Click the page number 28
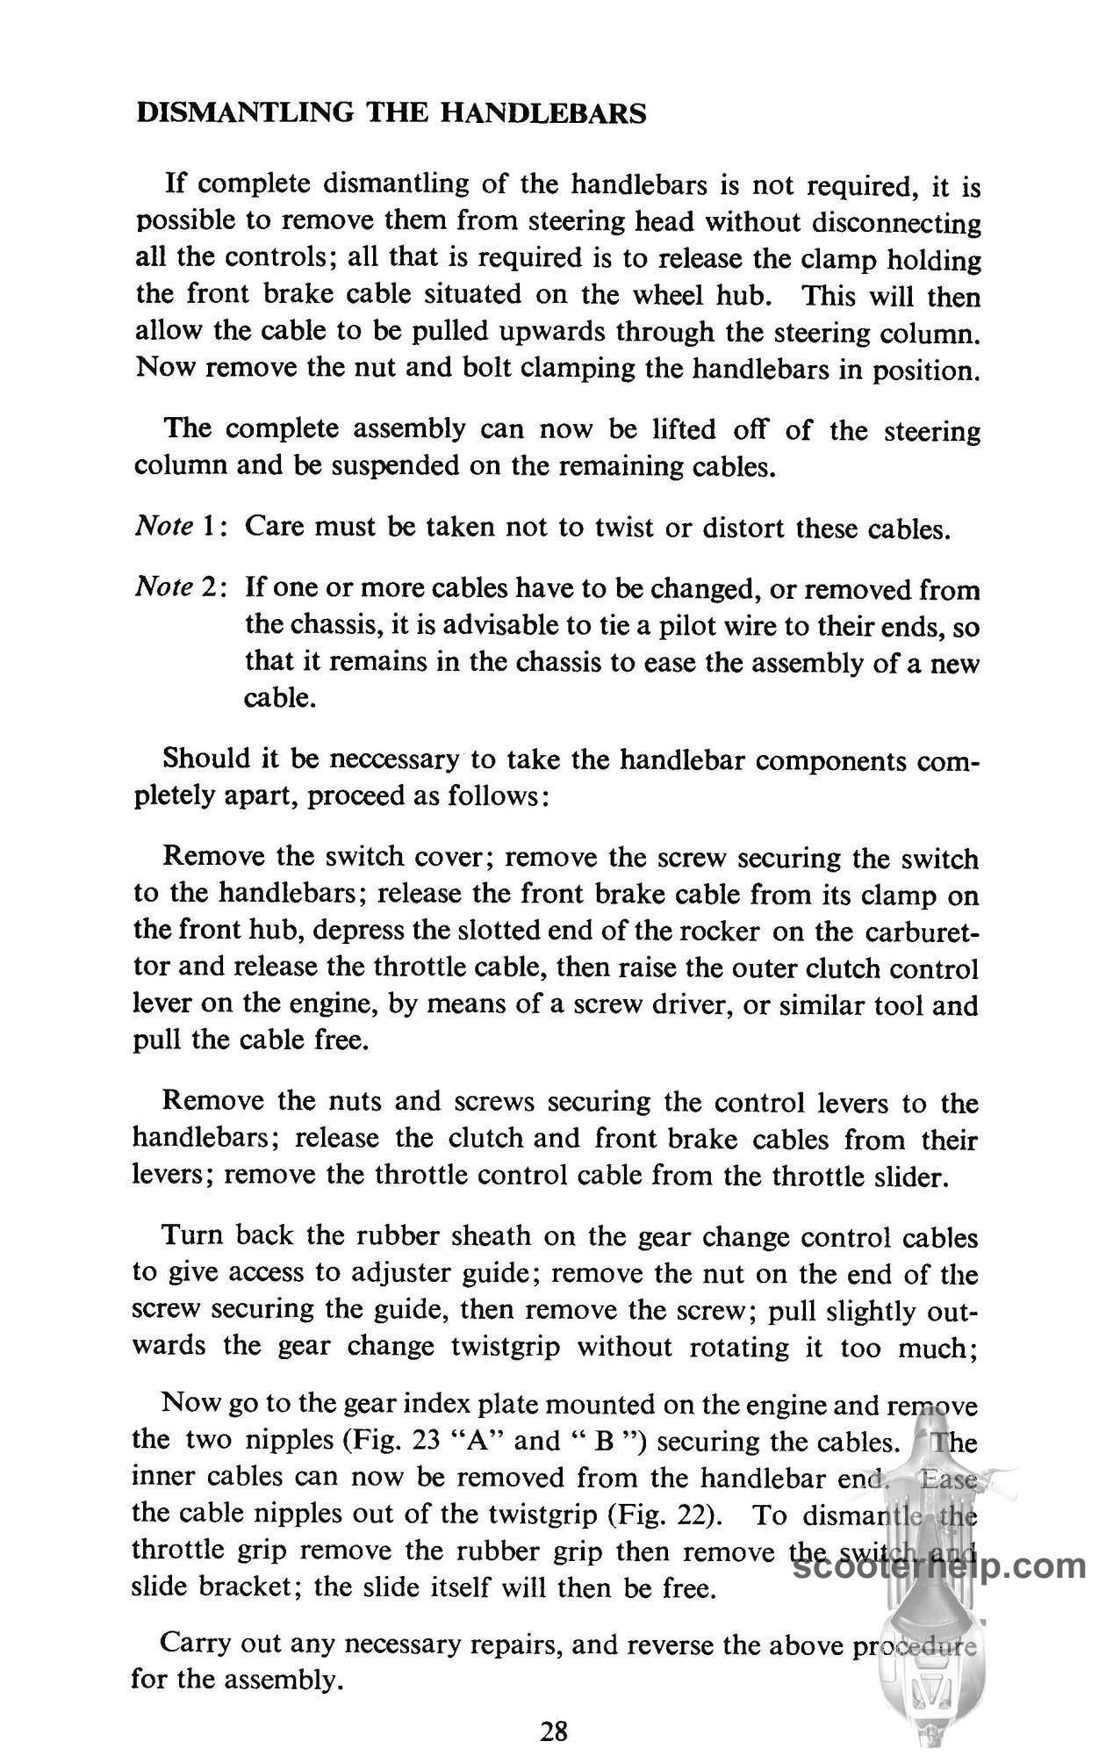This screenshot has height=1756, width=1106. (x=554, y=1731)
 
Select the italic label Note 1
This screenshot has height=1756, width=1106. (x=181, y=527)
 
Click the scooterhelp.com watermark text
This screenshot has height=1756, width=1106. (x=939, y=1565)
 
